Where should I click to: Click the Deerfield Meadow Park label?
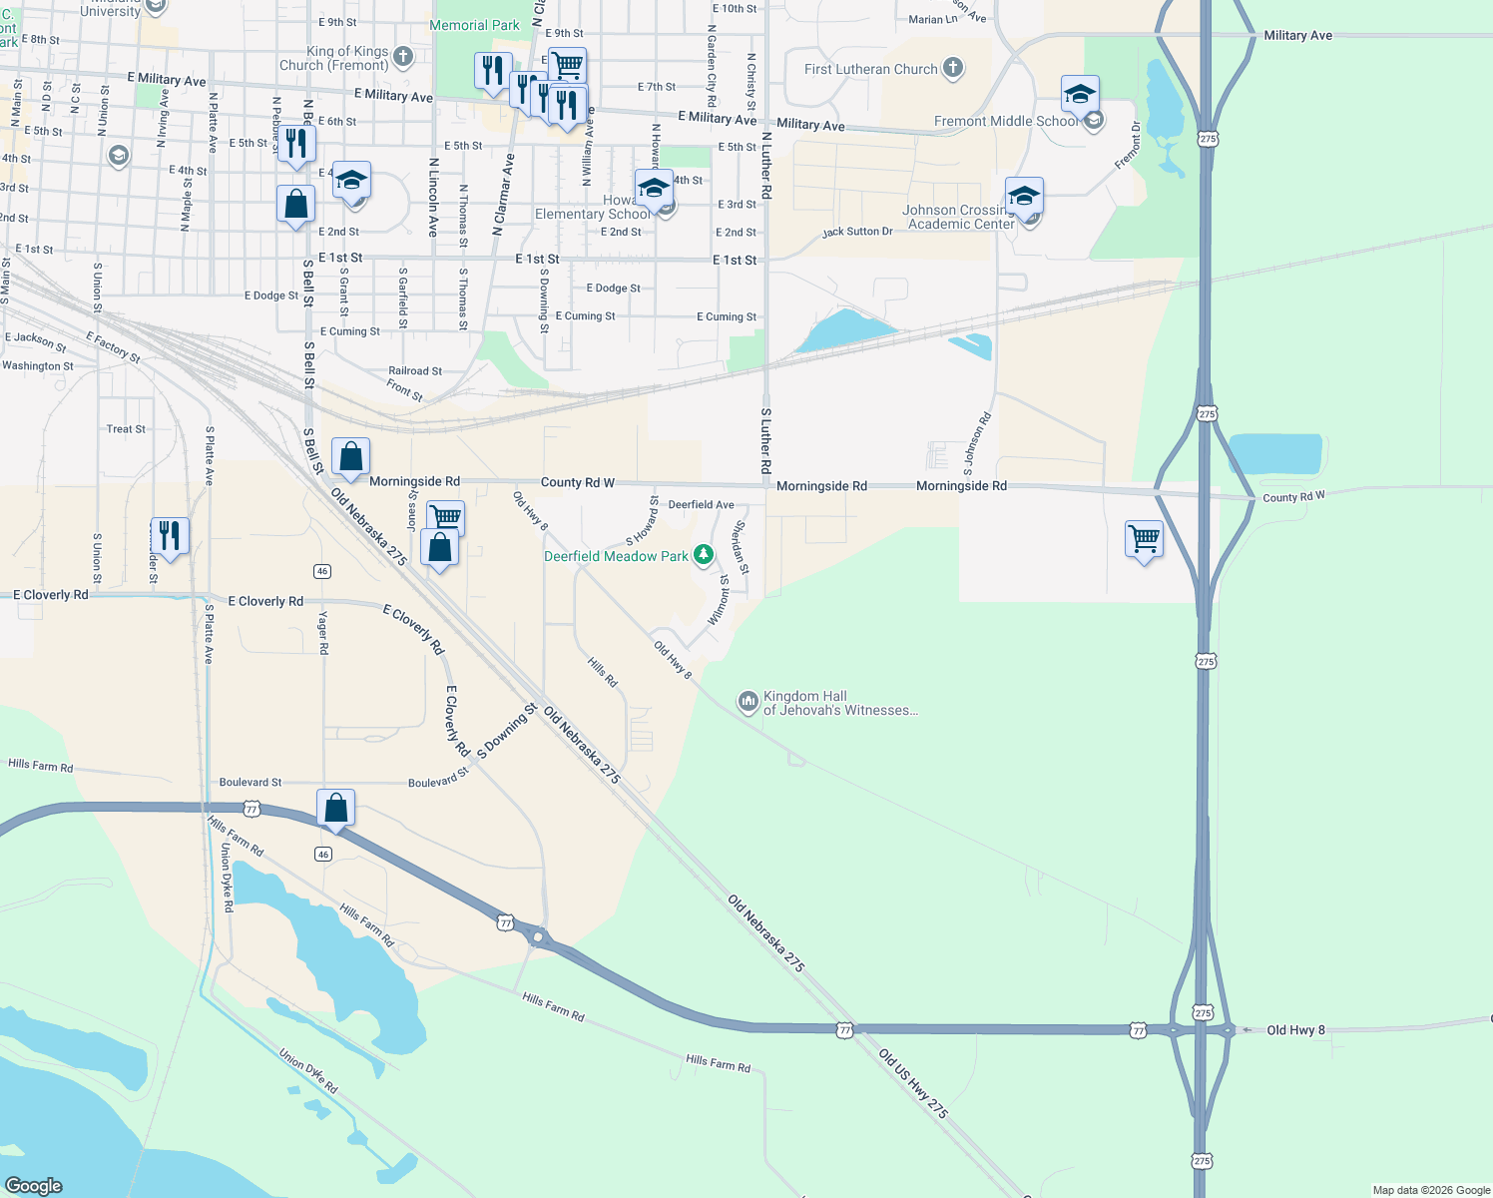[616, 556]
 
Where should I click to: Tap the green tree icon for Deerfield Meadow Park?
[704, 554]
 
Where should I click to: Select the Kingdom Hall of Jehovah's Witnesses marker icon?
[748, 702]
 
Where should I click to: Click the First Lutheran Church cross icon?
[953, 68]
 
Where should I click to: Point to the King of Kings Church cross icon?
[403, 57]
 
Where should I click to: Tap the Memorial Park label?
[474, 25]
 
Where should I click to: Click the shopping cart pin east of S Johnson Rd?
[1144, 539]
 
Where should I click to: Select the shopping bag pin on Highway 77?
[336, 807]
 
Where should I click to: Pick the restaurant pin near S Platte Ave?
[170, 536]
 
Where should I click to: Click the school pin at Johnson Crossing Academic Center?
[1024, 196]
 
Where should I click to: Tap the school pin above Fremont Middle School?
[1080, 95]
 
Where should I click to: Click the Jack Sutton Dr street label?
[857, 232]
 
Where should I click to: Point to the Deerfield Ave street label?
[701, 504]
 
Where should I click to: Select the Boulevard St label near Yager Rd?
[250, 783]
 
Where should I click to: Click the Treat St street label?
[126, 429]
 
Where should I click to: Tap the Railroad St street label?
[415, 371]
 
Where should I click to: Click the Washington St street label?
[38, 366]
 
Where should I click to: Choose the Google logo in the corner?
[34, 1185]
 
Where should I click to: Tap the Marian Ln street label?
[933, 20]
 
